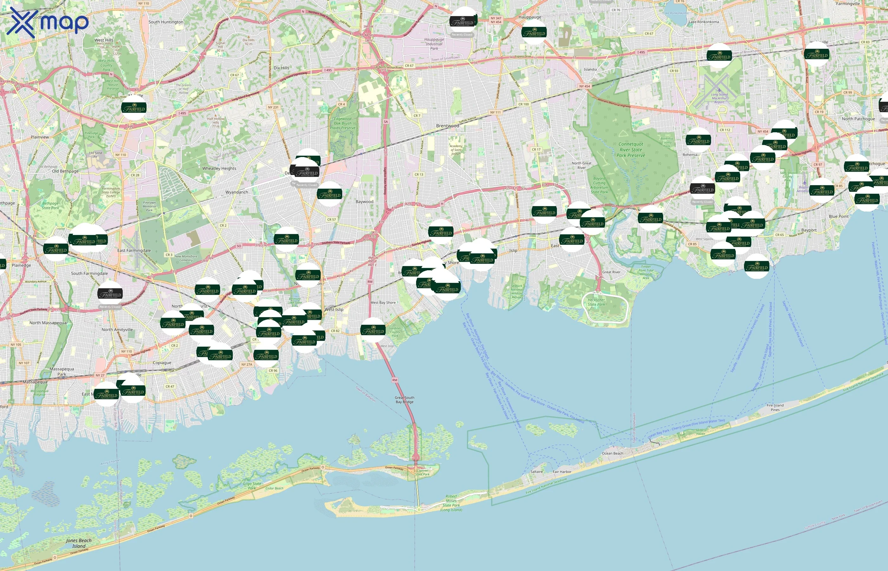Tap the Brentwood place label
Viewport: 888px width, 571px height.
point(447,126)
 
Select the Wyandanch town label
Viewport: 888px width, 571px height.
point(237,192)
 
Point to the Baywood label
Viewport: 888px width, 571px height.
point(364,202)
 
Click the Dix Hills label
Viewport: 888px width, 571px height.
point(281,68)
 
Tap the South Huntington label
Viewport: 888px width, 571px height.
point(166,22)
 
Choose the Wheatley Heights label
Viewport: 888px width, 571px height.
point(219,168)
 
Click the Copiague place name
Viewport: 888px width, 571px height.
point(162,363)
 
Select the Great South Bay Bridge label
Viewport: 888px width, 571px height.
point(404,399)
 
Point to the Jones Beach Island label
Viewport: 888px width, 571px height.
point(79,543)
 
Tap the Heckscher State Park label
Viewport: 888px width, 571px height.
point(596,302)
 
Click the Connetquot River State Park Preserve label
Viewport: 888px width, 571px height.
point(631,150)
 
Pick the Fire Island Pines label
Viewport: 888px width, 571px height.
point(775,408)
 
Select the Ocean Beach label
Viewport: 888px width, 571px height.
point(612,453)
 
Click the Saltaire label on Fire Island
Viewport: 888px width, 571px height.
point(536,472)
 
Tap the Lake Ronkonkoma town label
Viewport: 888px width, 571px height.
point(703,22)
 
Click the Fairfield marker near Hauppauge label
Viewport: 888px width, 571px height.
point(534,33)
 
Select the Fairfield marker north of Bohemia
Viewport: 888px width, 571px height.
point(698,141)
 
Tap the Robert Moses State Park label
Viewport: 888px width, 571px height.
point(451,503)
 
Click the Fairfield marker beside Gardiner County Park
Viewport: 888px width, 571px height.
point(373,330)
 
